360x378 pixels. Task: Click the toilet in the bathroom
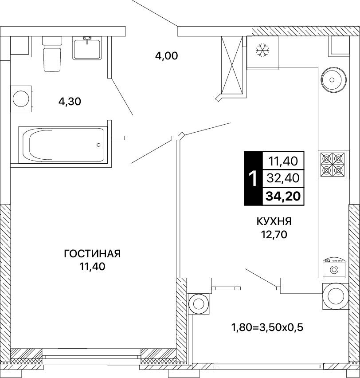52,54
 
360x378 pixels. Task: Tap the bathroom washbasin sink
87,48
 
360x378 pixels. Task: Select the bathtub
63,145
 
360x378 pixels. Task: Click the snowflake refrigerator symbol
262,51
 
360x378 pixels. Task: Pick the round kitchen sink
333,79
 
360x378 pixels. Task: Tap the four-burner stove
333,165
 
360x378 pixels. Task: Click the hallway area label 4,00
167,56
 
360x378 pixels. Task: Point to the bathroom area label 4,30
70,102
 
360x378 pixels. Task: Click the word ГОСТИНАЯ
92,254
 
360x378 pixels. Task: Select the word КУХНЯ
274,221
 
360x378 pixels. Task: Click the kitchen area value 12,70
274,234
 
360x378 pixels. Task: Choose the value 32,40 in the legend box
283,178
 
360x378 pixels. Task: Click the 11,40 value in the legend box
283,161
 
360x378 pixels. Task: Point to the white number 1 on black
253,179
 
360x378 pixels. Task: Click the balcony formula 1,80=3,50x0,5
267,327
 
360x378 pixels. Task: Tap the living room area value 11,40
92,267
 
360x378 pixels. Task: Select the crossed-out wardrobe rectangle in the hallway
232,65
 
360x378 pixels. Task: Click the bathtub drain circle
98,145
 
